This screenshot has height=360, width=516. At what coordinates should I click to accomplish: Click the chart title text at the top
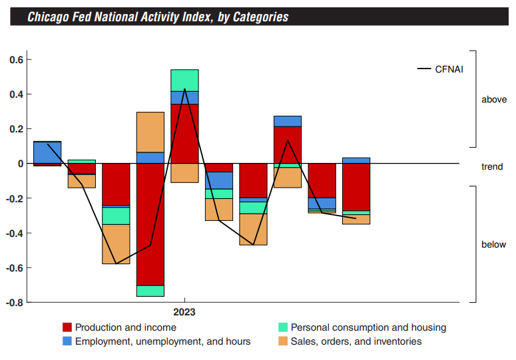pos(158,17)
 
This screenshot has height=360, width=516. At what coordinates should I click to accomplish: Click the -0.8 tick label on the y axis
pos(15,302)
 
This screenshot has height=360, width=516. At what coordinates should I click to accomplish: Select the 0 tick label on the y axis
pos(20,164)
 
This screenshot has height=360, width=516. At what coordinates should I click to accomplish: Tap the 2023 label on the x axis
pos(184,311)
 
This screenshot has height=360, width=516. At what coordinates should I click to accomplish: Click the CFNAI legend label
pos(449,69)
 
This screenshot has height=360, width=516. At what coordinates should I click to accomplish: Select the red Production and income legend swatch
pos(67,327)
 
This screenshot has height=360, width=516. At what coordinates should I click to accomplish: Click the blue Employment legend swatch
pos(67,341)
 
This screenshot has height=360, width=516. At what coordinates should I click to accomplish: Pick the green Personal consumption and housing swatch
pos(282,327)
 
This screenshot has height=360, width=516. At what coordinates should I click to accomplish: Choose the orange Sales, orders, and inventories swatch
pos(282,341)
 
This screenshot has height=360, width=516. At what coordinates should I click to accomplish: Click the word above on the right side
pos(493,100)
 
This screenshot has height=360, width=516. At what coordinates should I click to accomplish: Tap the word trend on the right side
pos(492,167)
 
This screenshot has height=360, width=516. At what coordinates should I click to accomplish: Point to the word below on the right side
pos(493,245)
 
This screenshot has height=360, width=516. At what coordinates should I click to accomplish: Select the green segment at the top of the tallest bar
pos(184,80)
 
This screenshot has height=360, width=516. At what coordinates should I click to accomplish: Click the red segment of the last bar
pos(356,187)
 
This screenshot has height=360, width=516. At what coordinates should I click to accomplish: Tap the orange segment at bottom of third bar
pos(116,244)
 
